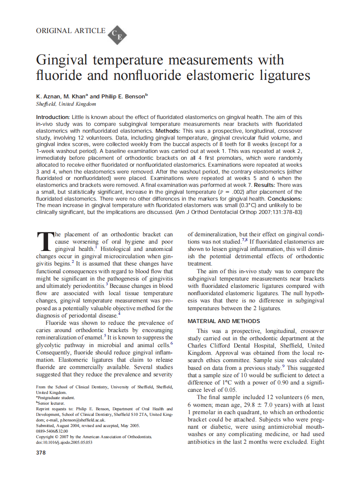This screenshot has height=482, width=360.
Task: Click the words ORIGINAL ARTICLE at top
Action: tap(71, 31)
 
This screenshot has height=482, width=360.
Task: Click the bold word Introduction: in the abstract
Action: tap(52, 117)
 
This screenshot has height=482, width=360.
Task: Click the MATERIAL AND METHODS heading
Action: tap(223, 321)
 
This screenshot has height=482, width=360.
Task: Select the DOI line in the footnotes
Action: tap(64, 442)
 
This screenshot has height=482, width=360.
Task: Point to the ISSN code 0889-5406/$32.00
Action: tap(52, 431)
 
